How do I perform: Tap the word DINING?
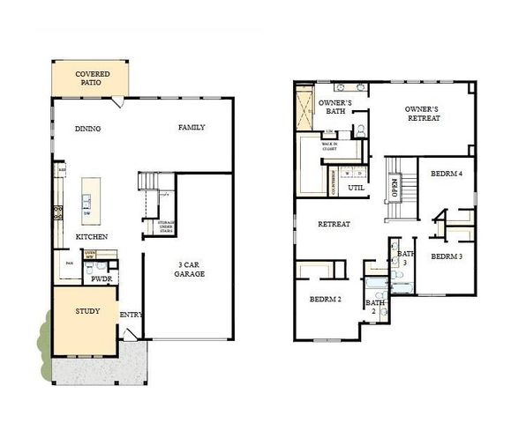(87, 129)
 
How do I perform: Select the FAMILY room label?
(192, 128)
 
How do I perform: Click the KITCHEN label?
(92, 238)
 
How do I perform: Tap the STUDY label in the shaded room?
(87, 311)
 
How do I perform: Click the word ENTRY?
(132, 315)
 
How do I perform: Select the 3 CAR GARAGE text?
(189, 269)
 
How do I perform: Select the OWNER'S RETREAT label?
(422, 114)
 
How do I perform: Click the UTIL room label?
(357, 188)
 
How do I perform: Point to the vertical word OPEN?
(395, 188)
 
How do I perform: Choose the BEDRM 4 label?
(447, 174)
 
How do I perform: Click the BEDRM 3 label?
(447, 256)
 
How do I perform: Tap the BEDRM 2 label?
(325, 300)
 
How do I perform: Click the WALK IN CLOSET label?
(330, 146)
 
